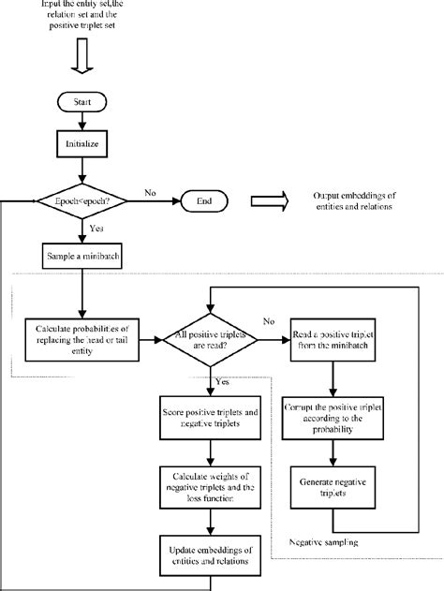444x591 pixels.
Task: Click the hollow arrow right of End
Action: (268, 200)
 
